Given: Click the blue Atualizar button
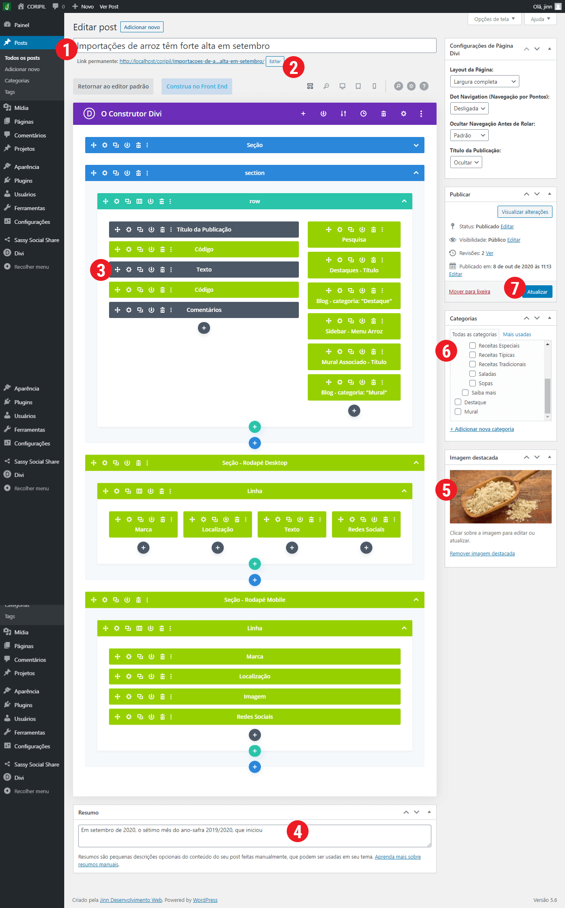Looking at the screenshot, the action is point(537,292).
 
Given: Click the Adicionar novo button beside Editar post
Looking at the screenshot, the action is point(142,27).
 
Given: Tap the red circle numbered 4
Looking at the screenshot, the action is point(298,831).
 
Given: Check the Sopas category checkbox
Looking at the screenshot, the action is point(473,383).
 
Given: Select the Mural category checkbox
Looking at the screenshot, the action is point(458,411).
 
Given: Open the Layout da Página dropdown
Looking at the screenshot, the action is point(485,82).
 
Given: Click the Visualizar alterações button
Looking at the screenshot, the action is point(525,212).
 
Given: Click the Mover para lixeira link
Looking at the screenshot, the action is point(470,292).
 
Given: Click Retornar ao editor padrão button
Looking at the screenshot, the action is point(113,86).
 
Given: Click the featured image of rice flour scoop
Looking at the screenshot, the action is point(501,497).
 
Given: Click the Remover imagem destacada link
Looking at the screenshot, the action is point(482,554).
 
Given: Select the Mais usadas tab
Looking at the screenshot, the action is point(517,335).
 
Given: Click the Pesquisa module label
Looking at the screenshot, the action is point(354,240).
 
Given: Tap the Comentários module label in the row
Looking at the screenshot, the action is point(204,310).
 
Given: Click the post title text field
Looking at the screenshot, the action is point(255,46).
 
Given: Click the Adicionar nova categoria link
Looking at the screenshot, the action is point(482,429).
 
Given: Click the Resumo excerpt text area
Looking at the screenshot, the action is point(255,836).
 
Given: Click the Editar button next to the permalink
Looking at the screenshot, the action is point(275,61).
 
